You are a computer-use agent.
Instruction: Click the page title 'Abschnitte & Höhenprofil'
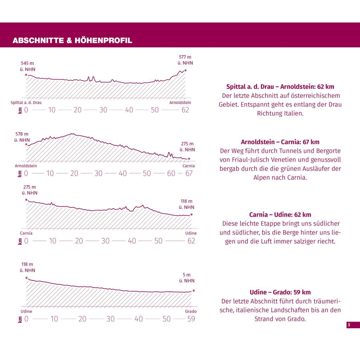[72, 40]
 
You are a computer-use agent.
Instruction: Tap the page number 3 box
[353, 325]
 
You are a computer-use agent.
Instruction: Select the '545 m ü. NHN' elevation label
[27, 66]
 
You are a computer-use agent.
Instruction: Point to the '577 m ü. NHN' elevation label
[185, 60]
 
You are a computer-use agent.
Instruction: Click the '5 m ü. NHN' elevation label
[187, 278]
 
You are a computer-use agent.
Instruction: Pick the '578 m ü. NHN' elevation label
[22, 137]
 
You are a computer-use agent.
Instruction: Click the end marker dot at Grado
[194, 291]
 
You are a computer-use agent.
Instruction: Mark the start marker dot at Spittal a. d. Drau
[26, 75]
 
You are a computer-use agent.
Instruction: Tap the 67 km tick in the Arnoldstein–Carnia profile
[189, 173]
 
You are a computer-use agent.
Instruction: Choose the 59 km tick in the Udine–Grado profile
[191, 319]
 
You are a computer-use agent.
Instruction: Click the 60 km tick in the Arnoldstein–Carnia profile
[171, 173]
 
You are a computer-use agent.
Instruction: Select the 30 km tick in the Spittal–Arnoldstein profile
[103, 110]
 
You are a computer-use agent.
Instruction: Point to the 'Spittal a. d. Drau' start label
[26, 103]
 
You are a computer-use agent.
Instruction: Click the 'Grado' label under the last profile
[191, 311]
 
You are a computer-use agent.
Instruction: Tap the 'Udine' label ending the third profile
[191, 233]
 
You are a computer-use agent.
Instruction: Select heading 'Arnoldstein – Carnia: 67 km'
[280, 142]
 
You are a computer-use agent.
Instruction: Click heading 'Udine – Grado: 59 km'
[280, 292]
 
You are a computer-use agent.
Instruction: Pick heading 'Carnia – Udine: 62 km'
[280, 214]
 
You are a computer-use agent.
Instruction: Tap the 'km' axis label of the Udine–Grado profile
[20, 319]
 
